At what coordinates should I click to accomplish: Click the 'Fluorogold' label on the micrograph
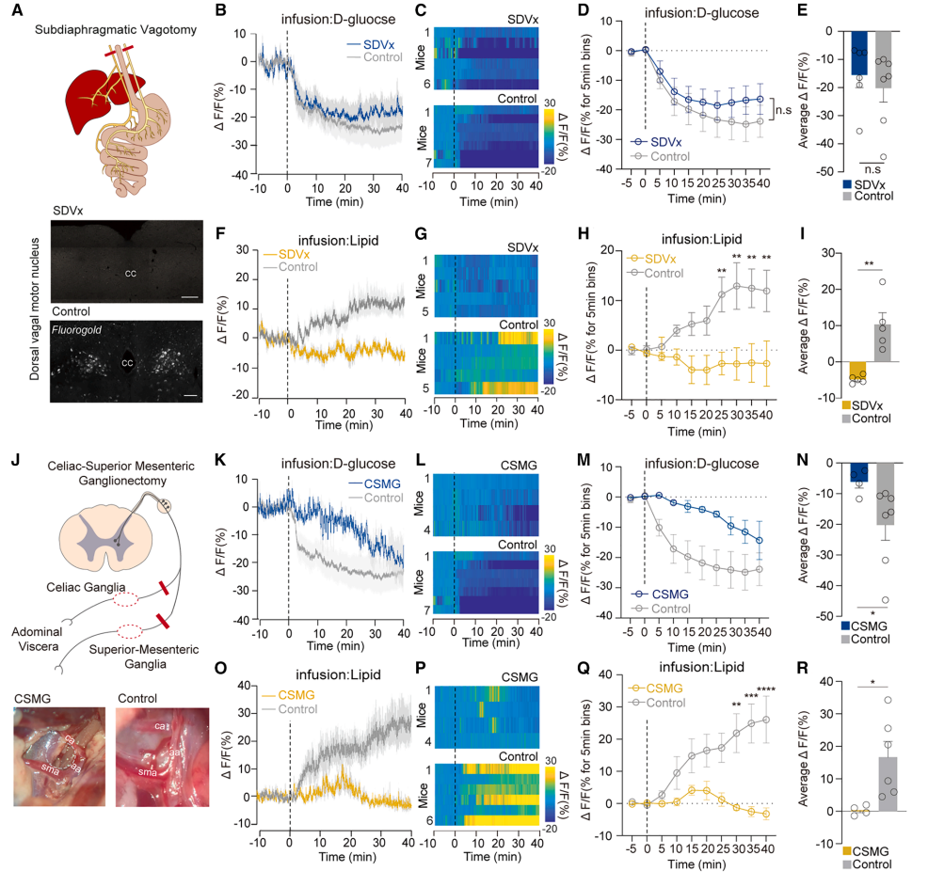(x=77, y=331)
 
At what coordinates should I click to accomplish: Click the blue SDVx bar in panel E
(x=857, y=53)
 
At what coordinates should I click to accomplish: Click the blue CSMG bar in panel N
(x=857, y=472)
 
